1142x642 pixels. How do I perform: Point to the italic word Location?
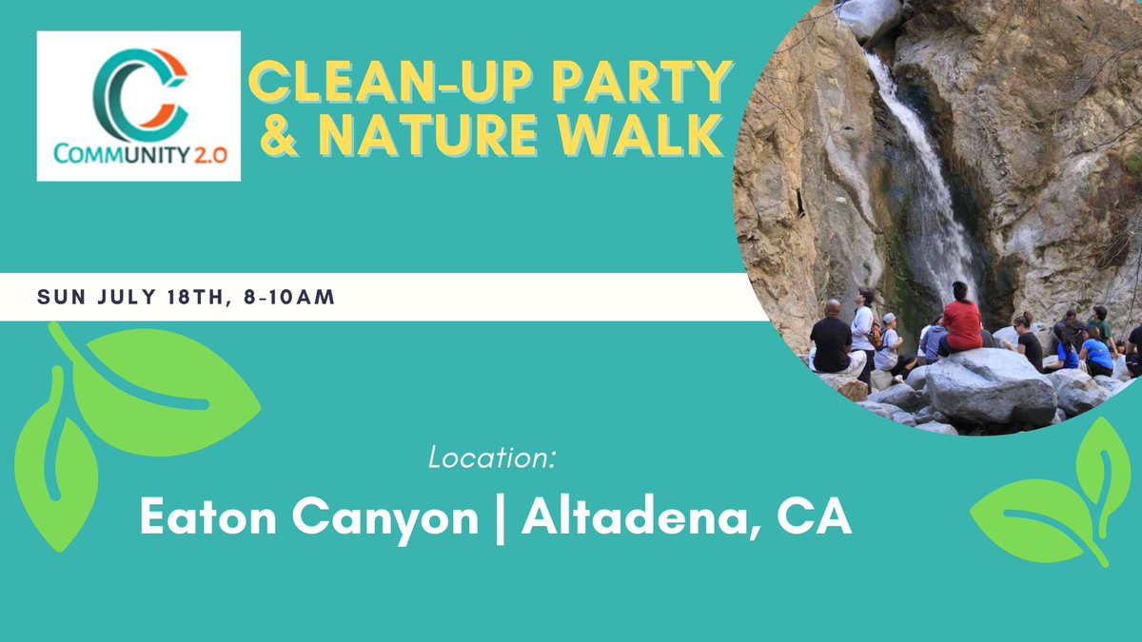pos(491,458)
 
